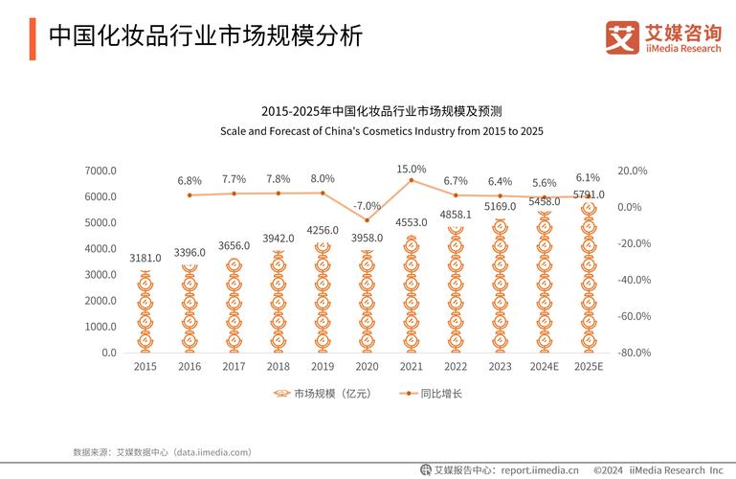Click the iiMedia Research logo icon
pyautogui.click(x=621, y=36)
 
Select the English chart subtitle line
pyautogui.click(x=382, y=130)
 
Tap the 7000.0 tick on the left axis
pyautogui.click(x=100, y=171)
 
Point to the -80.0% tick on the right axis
pyautogui.click(x=635, y=353)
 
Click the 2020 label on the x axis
pyautogui.click(x=367, y=367)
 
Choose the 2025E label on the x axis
pyautogui.click(x=588, y=367)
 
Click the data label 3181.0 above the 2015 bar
pyautogui.click(x=145, y=258)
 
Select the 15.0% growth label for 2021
pyautogui.click(x=412, y=170)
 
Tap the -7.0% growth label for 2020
pyautogui.click(x=367, y=206)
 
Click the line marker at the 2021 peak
pyautogui.click(x=412, y=180)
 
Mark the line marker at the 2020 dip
pyautogui.click(x=367, y=220)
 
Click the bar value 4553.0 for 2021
pyautogui.click(x=412, y=223)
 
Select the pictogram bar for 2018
pyautogui.click(x=279, y=302)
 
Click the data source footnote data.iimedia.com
pyautogui.click(x=162, y=451)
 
